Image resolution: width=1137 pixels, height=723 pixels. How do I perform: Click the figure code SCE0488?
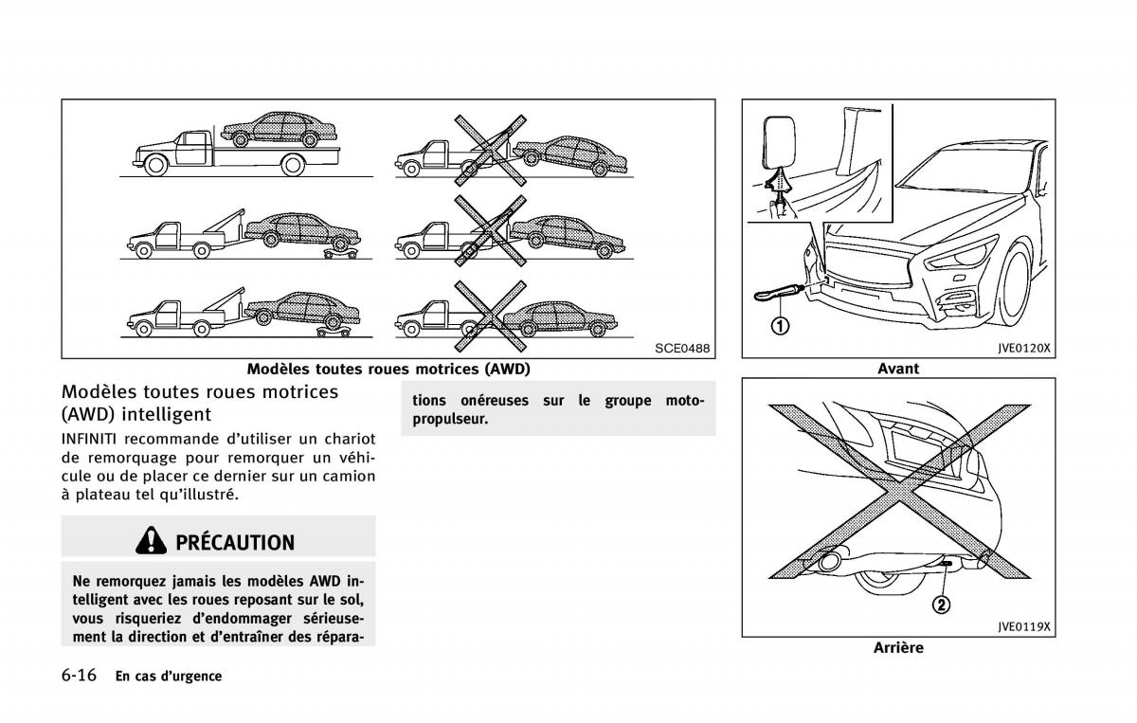pos(681,349)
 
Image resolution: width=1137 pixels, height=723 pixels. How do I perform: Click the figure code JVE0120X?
pos(1024,348)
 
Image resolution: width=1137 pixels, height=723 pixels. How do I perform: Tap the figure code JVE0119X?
pos(1024,626)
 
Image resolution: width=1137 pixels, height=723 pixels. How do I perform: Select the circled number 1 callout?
pos(778,327)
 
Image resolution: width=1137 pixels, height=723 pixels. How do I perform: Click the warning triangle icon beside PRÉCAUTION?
pos(151,541)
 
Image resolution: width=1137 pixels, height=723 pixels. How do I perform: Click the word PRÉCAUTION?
pos(235,543)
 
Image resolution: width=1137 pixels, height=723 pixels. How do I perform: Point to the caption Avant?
pos(898,369)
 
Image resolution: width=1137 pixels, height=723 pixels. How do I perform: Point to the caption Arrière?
pos(898,648)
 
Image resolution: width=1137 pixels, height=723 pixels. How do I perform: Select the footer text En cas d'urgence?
pos(169,677)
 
